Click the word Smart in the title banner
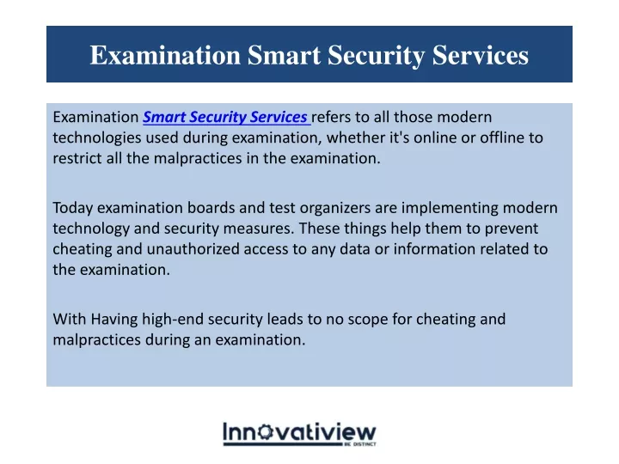coord(284,54)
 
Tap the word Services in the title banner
coord(480,54)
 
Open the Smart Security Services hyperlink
coord(225,117)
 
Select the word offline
coord(504,137)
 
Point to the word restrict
coord(77,158)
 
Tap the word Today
coord(72,208)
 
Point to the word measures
coord(258,229)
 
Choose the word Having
coord(114,320)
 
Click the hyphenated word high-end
coord(173,320)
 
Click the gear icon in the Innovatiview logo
coord(265,431)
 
